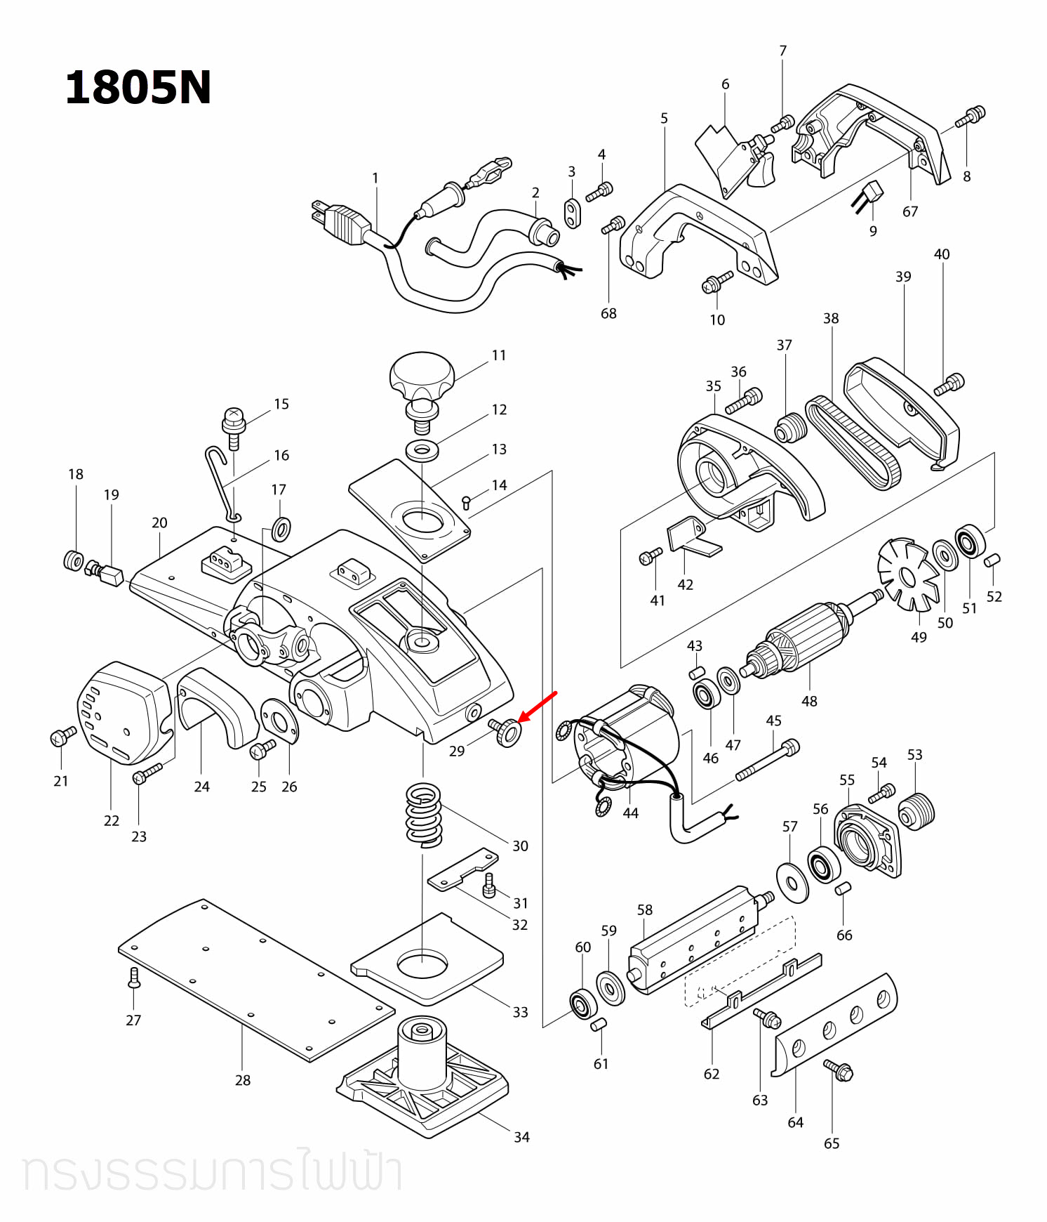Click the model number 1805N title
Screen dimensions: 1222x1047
click(x=138, y=88)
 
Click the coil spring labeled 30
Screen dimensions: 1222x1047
click(x=424, y=815)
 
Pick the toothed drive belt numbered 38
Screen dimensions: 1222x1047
click(x=851, y=442)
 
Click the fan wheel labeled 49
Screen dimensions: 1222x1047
click(x=908, y=576)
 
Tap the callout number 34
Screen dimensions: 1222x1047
click(x=521, y=1137)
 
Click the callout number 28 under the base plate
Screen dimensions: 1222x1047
click(x=243, y=1080)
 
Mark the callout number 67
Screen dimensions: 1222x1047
click(x=910, y=211)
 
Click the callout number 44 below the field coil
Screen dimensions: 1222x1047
click(x=631, y=813)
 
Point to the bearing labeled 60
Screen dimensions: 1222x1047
click(x=582, y=1004)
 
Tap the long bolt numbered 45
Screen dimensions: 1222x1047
click(x=767, y=761)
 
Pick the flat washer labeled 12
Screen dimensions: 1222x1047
click(x=422, y=449)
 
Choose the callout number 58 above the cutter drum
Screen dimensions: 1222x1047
click(x=645, y=909)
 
